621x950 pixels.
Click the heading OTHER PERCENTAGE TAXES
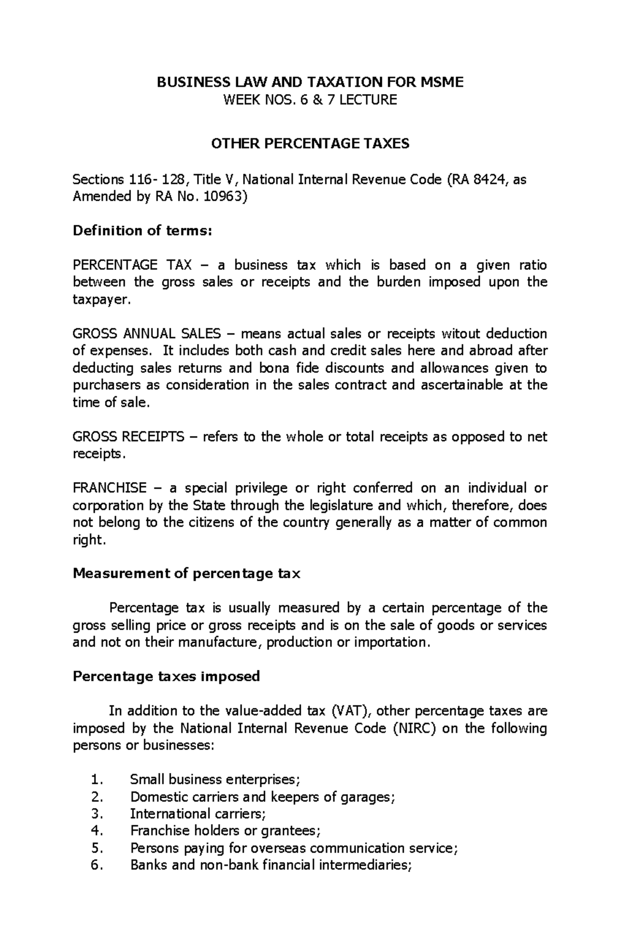310,143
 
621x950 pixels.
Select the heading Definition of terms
142,230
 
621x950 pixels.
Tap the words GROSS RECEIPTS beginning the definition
128,436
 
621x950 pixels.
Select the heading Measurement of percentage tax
186,574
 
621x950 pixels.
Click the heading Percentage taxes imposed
166,676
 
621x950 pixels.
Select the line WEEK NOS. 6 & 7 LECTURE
310,100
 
